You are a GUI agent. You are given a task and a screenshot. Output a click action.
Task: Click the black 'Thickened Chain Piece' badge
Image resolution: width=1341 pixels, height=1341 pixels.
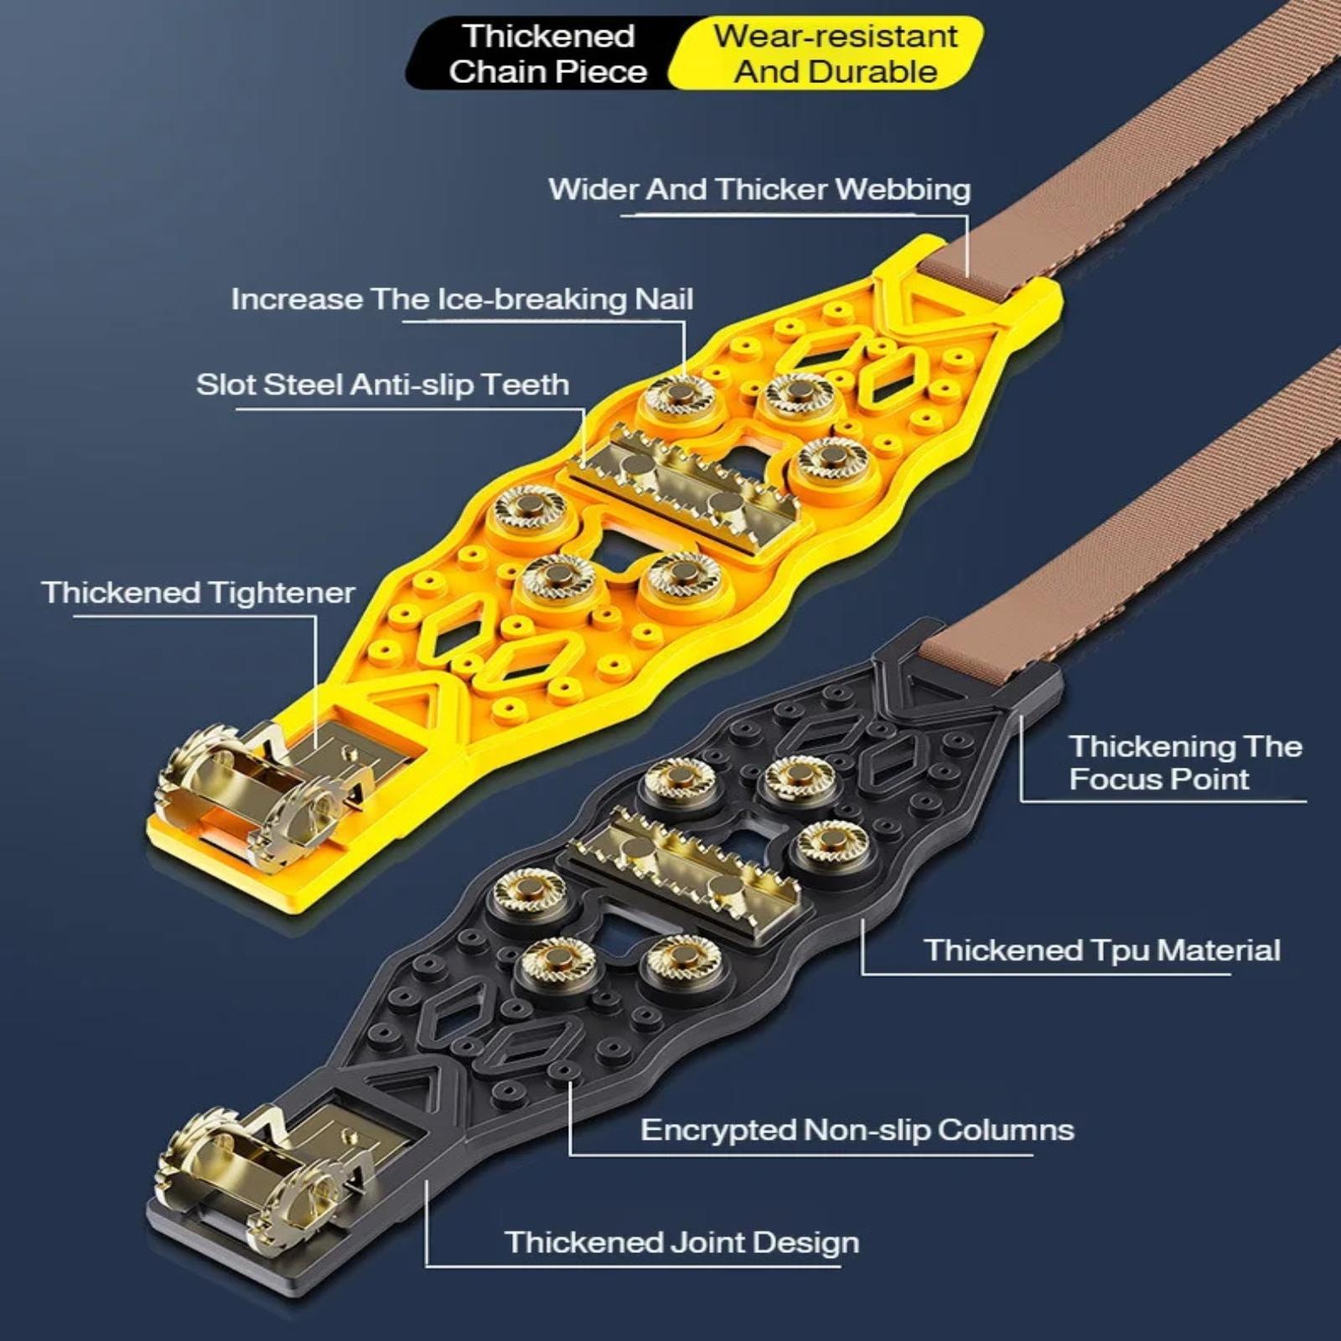(x=545, y=54)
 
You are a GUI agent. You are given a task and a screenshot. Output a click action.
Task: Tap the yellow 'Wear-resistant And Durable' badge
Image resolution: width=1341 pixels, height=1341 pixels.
(x=830, y=54)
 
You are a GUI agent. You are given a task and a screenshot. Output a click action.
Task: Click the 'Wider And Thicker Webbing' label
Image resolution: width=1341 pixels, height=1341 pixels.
(x=759, y=189)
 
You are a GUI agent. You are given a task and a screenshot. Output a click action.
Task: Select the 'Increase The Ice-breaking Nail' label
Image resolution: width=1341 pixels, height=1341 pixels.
(x=462, y=299)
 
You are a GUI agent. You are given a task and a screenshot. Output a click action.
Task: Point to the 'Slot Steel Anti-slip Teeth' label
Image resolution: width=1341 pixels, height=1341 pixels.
(x=382, y=385)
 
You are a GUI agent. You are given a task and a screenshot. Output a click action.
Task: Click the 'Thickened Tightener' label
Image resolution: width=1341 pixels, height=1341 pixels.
(x=198, y=593)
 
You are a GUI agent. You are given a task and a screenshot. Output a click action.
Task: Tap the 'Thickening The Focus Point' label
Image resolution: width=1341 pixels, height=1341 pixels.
(x=1185, y=763)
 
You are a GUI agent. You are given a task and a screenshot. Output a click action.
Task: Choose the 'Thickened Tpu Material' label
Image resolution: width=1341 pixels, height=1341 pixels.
(x=1102, y=950)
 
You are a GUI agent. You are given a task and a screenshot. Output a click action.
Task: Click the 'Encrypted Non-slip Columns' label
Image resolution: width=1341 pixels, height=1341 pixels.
(x=857, y=1130)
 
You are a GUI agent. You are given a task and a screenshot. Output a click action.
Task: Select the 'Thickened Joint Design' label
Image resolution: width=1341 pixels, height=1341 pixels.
(x=681, y=1242)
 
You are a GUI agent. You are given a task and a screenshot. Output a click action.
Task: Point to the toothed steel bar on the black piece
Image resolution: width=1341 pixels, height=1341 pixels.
(x=683, y=872)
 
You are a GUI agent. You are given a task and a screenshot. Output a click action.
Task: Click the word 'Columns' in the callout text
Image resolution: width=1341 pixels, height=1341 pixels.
(x=1006, y=1130)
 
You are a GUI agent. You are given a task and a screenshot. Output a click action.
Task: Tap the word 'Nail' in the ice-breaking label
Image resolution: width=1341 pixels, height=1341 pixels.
(x=664, y=299)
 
